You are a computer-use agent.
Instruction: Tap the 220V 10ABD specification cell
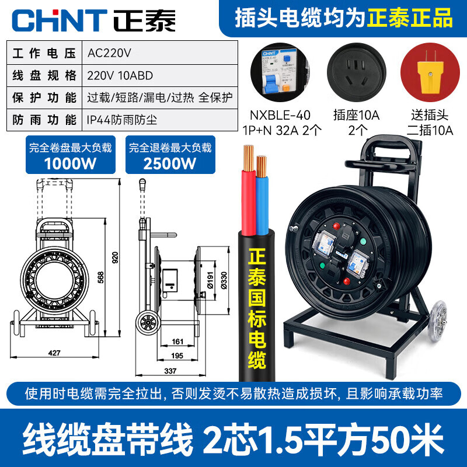point(119,75)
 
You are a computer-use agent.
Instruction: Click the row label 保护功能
point(44,97)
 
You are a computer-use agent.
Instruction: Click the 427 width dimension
point(54,352)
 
